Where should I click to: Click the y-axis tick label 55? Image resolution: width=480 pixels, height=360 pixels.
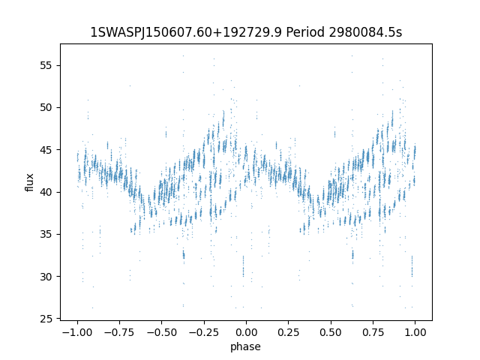pos(46,66)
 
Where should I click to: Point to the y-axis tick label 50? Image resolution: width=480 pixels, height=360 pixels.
pos(46,108)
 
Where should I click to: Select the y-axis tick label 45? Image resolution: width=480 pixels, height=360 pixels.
pos(46,150)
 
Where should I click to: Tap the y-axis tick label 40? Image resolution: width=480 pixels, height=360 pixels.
pos(46,192)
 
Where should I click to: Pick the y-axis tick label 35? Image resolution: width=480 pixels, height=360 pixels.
pos(46,235)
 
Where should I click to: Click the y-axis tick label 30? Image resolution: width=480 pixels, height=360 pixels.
pos(46,277)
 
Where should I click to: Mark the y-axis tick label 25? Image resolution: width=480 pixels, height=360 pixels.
pos(46,319)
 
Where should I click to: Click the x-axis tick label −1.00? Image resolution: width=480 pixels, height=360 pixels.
pos(77,332)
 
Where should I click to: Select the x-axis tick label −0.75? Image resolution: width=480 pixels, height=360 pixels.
pos(119,332)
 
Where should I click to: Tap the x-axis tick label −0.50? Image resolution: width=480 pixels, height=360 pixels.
pos(162,332)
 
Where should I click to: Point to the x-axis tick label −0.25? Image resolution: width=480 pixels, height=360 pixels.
pos(204,332)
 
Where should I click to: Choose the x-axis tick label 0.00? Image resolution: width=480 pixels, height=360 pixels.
pos(246,332)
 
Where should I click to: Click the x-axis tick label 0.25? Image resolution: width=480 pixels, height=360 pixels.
pos(288,332)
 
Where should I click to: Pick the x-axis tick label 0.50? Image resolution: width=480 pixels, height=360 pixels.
pos(331,332)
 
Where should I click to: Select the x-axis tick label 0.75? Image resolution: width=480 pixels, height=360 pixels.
pos(373,332)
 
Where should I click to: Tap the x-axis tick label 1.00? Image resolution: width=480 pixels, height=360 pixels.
pos(415,332)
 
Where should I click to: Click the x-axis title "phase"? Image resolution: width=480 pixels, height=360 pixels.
pos(245,346)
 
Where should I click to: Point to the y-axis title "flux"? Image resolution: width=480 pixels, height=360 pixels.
pos(29,182)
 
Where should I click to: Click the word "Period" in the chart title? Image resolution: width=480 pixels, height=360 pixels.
pos(305,31)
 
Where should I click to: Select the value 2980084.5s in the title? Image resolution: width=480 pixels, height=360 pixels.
pos(365,31)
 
